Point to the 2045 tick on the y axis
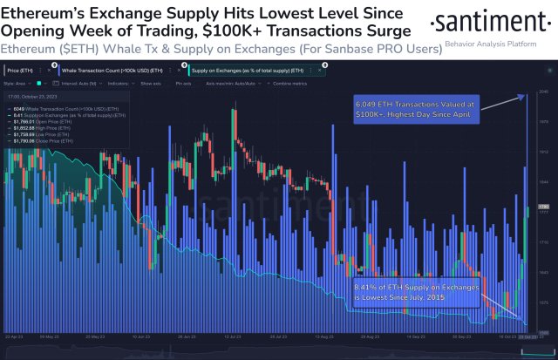[x=542, y=92]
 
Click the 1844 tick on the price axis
[x=542, y=182]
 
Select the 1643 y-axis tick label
[x=542, y=272]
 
